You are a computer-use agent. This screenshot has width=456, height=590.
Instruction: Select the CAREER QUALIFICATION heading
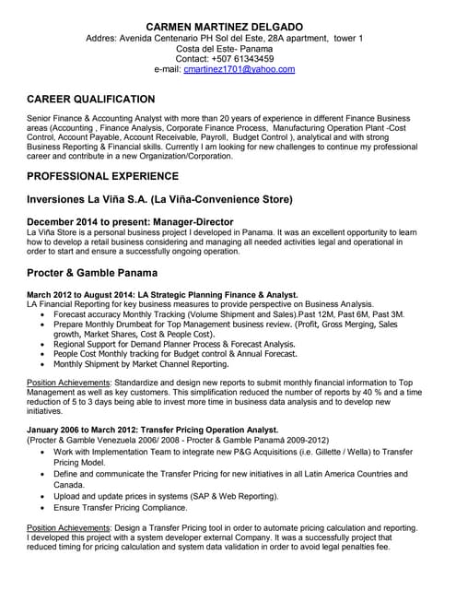pyautogui.click(x=90, y=99)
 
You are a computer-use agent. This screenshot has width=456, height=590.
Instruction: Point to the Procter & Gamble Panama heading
pyautogui.click(x=92, y=274)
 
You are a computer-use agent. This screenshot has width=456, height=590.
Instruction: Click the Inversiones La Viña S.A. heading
pyautogui.click(x=159, y=199)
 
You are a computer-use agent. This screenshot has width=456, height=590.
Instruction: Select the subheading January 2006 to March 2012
pyautogui.click(x=152, y=430)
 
